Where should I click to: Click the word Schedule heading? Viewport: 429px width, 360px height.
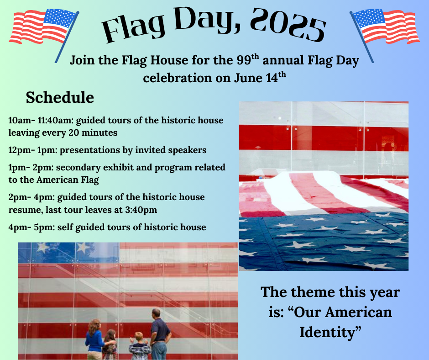(x=60, y=97)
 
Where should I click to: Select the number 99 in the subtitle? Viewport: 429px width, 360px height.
(x=244, y=60)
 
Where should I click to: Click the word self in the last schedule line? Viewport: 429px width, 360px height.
(x=65, y=227)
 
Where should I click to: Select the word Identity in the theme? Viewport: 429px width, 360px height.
(x=330, y=332)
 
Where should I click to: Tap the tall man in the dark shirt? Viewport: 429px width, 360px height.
(x=160, y=334)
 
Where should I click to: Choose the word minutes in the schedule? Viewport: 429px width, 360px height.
(x=99, y=133)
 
